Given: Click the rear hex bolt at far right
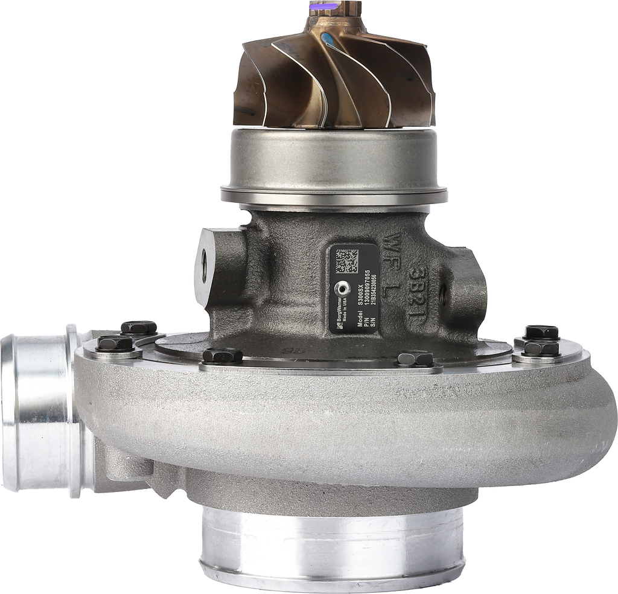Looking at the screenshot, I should point(541,331).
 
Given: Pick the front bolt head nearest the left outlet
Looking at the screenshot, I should point(115,345).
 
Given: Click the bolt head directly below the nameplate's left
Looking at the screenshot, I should point(222,356).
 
